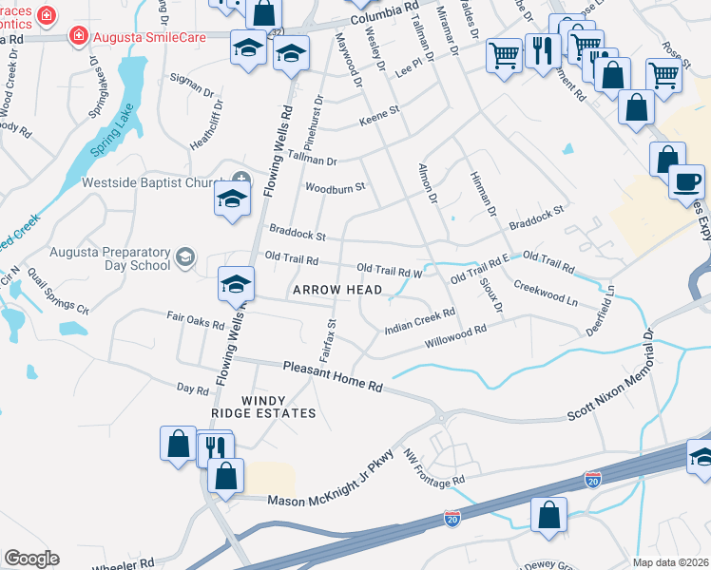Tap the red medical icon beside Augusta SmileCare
[x=80, y=36]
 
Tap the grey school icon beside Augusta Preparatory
[x=185, y=256]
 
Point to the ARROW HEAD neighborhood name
[x=337, y=290]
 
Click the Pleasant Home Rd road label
[x=333, y=376]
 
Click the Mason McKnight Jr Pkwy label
[x=331, y=490]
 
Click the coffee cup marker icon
[x=685, y=180]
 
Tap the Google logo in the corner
[x=32, y=558]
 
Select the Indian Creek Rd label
[x=420, y=320]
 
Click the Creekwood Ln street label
[x=546, y=292]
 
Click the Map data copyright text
[x=670, y=561]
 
